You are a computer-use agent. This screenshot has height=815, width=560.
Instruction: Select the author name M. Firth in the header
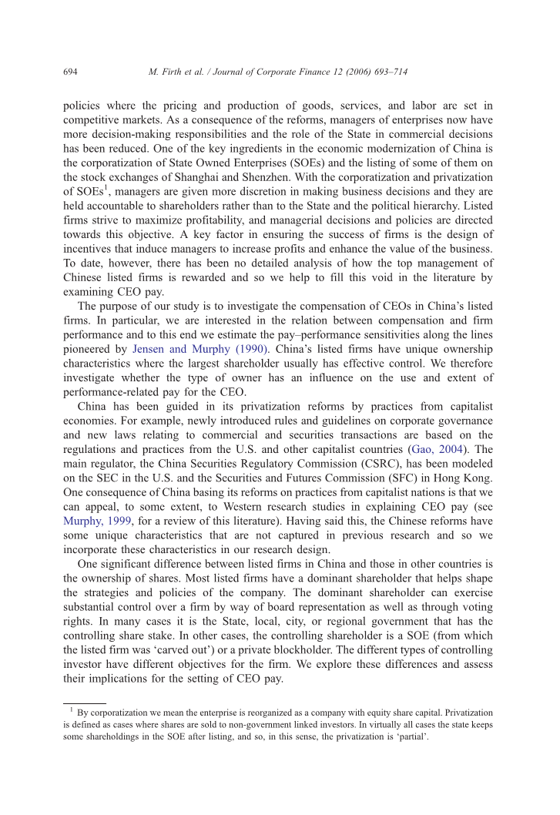[x=164, y=72]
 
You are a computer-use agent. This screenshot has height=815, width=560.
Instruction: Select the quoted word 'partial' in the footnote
[x=411, y=736]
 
